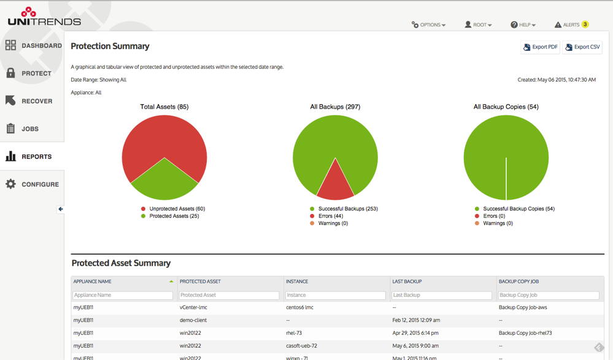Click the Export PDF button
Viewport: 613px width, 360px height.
coord(540,47)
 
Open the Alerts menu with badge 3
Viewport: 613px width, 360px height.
coord(571,25)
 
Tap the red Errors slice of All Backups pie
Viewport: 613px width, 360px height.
coord(335,184)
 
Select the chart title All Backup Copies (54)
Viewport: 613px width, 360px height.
coord(506,107)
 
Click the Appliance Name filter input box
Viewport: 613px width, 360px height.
coord(123,295)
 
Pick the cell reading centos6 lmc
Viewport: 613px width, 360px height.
coord(299,307)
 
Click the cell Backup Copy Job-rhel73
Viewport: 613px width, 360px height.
coord(525,333)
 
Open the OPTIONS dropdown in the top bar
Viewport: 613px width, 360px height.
coord(428,25)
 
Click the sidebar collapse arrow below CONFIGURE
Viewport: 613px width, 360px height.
coord(61,209)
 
